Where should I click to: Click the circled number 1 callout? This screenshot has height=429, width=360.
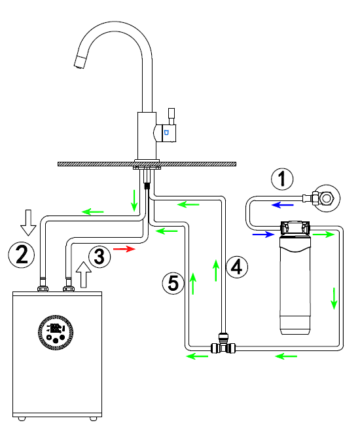pyautogui.click(x=282, y=179)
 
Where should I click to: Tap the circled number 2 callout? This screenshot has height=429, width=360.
pyautogui.click(x=22, y=255)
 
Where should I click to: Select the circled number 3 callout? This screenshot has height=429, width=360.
pyautogui.click(x=99, y=257)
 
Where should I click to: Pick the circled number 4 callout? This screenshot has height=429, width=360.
pyautogui.click(x=237, y=267)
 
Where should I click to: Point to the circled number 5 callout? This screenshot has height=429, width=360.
pyautogui.click(x=173, y=283)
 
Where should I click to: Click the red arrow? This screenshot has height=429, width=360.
pyautogui.click(x=124, y=249)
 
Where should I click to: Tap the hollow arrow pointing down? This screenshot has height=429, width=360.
pyautogui.click(x=28, y=223)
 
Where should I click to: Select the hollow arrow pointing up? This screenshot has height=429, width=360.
pyautogui.click(x=83, y=274)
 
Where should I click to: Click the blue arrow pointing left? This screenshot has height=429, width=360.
pyautogui.click(x=282, y=204)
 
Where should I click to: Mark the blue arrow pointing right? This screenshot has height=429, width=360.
pyautogui.click(x=263, y=234)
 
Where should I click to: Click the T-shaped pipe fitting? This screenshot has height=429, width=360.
pyautogui.click(x=223, y=345)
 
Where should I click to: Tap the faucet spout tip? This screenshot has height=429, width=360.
pyautogui.click(x=80, y=62)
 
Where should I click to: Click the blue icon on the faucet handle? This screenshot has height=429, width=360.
pyautogui.click(x=166, y=133)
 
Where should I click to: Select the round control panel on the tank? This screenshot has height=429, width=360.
pyautogui.click(x=56, y=332)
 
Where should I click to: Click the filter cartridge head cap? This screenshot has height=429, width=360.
pyautogui.click(x=295, y=228)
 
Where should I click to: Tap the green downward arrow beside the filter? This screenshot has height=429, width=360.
pyautogui.click(x=334, y=299)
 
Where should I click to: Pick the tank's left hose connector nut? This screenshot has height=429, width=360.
pyautogui.click(x=43, y=288)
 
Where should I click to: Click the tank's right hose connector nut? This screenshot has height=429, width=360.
pyautogui.click(x=69, y=288)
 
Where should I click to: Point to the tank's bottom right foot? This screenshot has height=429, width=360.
pyautogui.click(x=93, y=419)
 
